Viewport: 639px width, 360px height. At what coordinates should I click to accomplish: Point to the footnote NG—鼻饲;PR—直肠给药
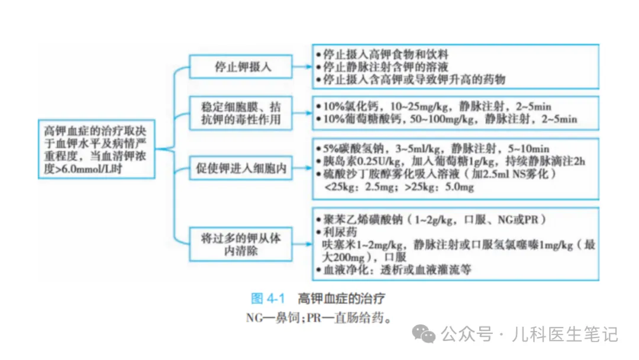[319, 317]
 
